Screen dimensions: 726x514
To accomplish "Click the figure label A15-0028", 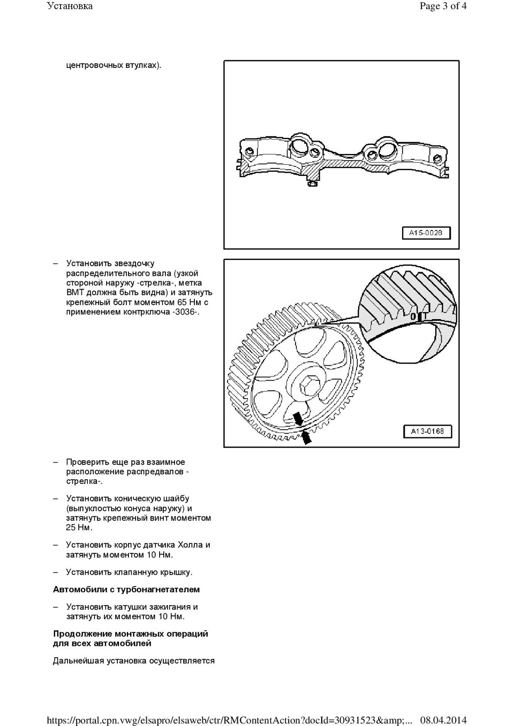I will click(426, 233).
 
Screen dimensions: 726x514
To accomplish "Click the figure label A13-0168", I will click(427, 431).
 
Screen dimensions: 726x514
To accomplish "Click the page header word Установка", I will click(70, 6).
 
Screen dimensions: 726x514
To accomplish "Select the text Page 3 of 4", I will click(443, 6).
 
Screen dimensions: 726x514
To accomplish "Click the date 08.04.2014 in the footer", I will click(443, 720).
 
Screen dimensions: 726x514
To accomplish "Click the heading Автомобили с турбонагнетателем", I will click(126, 589).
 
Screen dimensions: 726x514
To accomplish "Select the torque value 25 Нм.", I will click(79, 528).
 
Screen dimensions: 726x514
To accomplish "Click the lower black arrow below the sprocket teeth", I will click(306, 437).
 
